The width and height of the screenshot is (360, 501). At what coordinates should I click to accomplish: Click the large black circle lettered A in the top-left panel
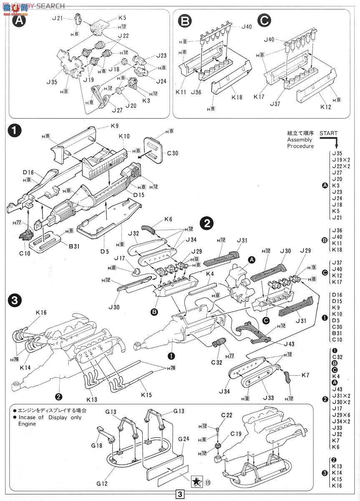pos(18,22)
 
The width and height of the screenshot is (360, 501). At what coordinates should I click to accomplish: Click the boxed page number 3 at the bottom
pos(180,494)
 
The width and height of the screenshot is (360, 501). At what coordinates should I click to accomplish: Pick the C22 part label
pos(227,415)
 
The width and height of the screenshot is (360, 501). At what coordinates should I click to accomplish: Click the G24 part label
pos(183,439)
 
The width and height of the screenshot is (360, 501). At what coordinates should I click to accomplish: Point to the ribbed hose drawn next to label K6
pos(150,229)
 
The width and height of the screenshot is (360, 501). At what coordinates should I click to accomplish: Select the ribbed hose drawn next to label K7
pos(287,377)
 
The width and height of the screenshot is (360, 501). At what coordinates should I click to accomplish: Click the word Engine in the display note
pos(27,424)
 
